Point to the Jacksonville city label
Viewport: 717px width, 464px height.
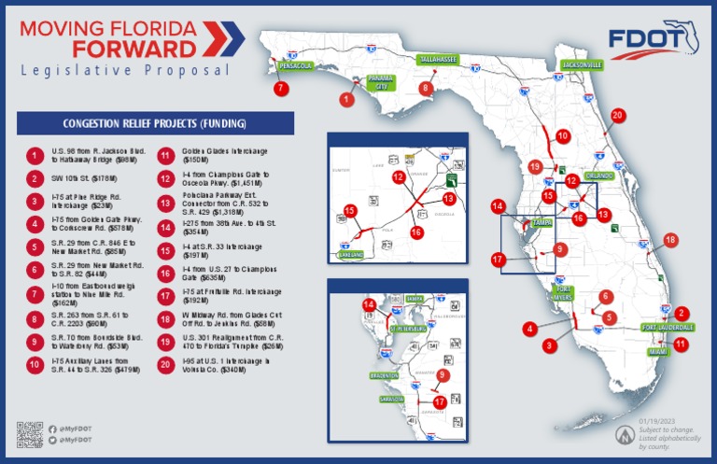[582, 65]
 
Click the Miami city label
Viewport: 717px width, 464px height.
[660, 352]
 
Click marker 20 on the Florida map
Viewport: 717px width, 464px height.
[617, 116]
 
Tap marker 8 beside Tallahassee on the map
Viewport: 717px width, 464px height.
[427, 89]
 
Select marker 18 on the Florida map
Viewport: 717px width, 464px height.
[669, 241]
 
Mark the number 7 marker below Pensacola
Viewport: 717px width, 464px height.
[280, 89]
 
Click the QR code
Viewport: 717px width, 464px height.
[30, 435]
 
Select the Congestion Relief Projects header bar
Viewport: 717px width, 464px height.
[155, 123]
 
